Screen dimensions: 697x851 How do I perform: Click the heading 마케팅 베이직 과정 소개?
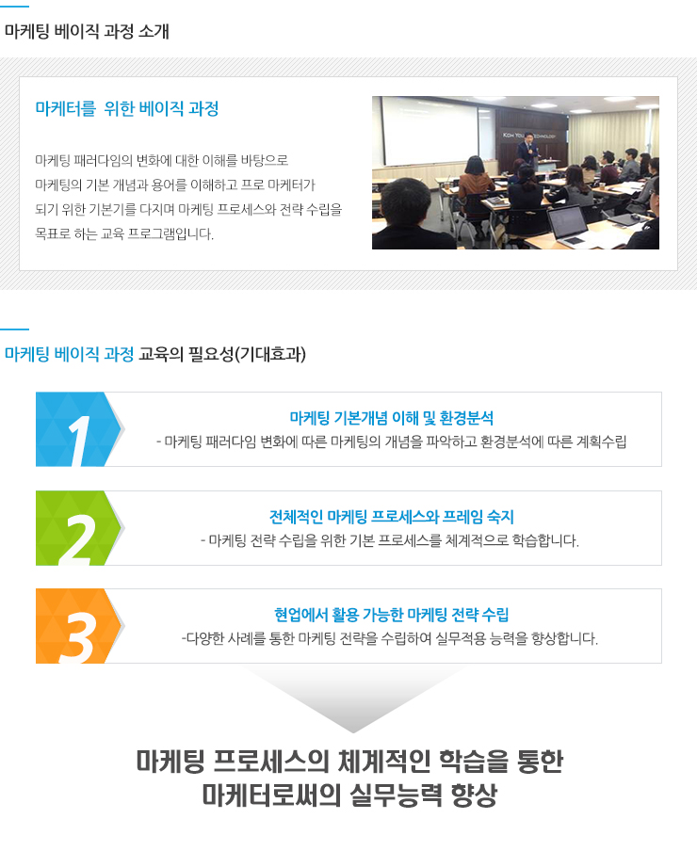coord(87,31)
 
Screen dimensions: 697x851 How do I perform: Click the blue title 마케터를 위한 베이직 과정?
coord(127,108)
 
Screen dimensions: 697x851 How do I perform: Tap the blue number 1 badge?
coord(78,429)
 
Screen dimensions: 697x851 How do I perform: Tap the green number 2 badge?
coord(78,528)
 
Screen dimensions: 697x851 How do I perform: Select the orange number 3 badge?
coord(78,626)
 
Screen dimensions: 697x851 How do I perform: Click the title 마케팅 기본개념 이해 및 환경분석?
coord(392,418)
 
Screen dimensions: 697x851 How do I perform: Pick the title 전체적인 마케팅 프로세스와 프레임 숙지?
coord(392,517)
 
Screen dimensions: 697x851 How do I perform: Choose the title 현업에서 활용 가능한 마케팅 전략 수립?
coord(392,615)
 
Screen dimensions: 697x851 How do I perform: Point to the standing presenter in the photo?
coord(528,152)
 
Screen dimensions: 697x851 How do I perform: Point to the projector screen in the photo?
coord(429,130)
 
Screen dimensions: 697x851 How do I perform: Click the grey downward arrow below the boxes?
coord(353,700)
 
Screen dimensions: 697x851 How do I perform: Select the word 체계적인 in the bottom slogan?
coord(383,761)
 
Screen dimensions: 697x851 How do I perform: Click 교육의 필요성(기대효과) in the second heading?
coord(222,354)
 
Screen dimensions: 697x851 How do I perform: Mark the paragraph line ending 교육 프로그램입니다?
coord(124,233)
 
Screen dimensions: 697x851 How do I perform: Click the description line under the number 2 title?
coord(390,540)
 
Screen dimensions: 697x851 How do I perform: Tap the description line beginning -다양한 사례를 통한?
coord(390,638)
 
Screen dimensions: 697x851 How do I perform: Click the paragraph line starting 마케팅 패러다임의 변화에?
coord(162,160)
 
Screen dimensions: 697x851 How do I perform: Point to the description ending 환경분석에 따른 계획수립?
coord(392,442)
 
